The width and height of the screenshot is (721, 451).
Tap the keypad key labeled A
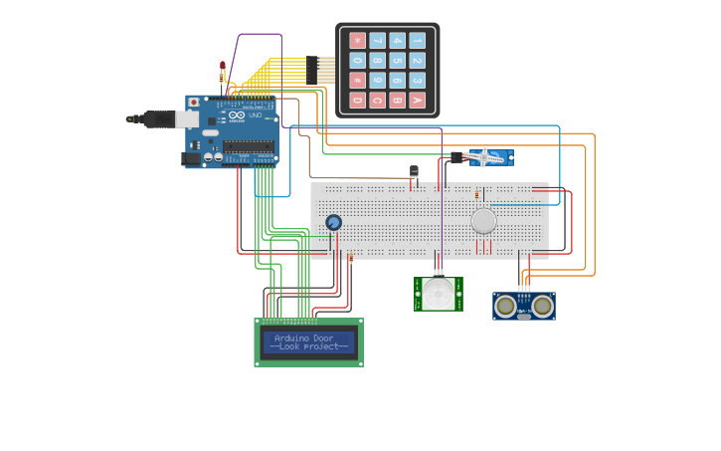(417, 100)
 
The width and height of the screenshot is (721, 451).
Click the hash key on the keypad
(357, 81)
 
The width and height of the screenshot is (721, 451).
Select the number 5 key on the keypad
(397, 61)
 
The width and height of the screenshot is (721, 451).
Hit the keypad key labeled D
(357, 100)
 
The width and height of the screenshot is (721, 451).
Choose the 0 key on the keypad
(357, 61)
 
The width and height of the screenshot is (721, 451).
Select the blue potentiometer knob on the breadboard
(334, 222)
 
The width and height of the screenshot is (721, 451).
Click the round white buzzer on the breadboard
(483, 220)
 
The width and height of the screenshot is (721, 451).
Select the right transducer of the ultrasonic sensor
(542, 306)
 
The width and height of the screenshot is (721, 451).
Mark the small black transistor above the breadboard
(414, 172)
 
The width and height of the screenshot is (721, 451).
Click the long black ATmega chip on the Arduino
(248, 146)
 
